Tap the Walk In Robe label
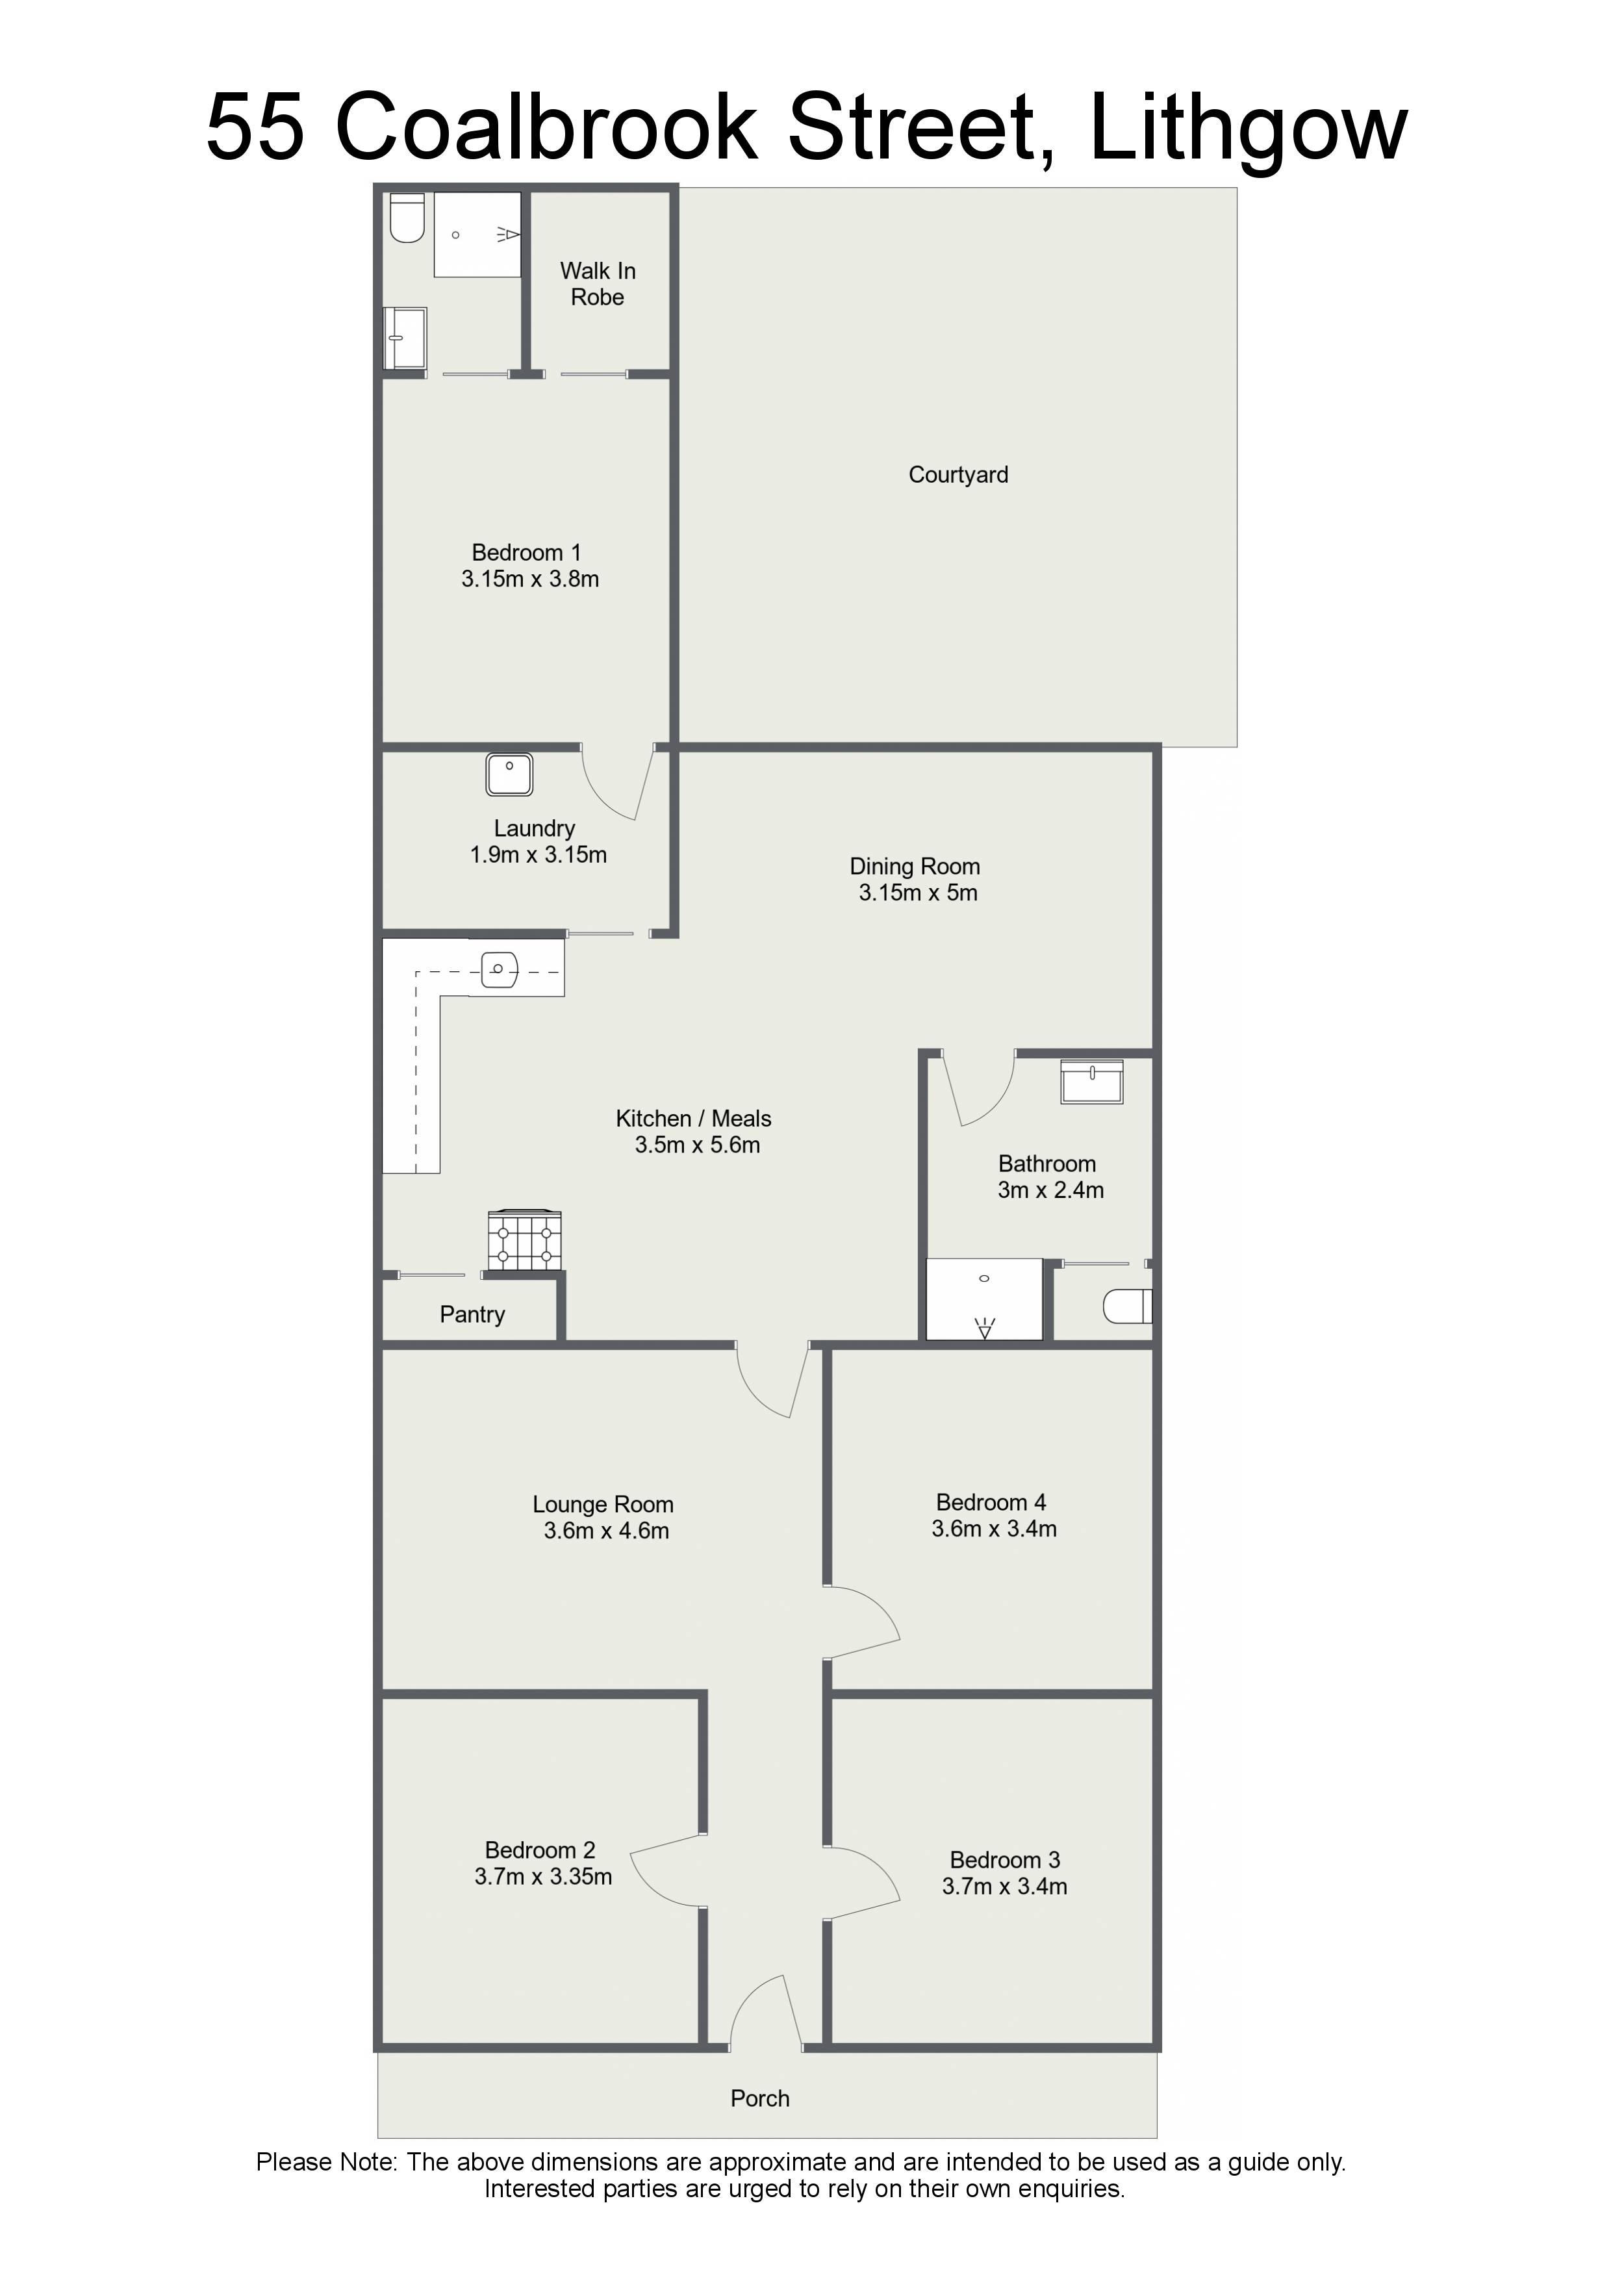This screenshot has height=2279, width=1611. click(x=598, y=284)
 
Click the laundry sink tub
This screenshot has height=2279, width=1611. click(x=509, y=774)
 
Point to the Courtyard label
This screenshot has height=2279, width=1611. click(x=958, y=474)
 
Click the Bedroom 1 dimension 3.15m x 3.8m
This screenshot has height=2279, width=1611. click(x=530, y=579)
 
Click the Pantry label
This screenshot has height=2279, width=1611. click(x=472, y=1314)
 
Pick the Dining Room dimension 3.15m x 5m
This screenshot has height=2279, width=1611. click(x=918, y=893)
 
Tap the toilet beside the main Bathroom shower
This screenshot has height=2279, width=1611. click(x=1128, y=1306)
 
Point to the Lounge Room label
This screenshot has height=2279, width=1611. click(x=603, y=1505)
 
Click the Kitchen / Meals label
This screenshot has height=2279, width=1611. click(x=694, y=1119)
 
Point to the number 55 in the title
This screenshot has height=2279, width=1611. click(x=255, y=128)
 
